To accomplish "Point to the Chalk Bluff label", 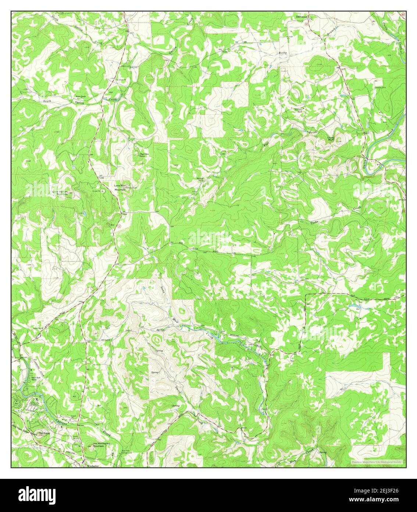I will tap(332, 139).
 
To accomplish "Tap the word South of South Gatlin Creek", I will tap(47, 101).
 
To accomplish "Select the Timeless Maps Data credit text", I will tap(377, 462).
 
